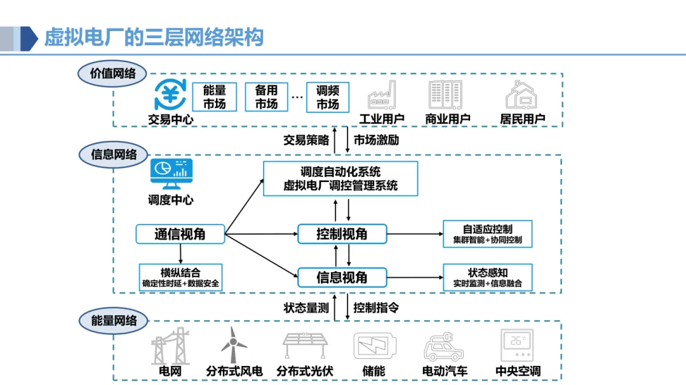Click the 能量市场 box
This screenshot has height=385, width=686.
(x=214, y=97)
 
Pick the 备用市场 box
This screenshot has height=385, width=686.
(x=266, y=97)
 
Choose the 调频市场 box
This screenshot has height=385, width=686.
(x=328, y=97)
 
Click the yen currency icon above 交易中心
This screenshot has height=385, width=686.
(x=171, y=95)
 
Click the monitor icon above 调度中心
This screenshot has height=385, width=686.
(x=171, y=174)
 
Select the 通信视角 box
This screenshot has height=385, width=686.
(x=180, y=234)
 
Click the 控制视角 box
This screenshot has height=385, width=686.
(x=342, y=234)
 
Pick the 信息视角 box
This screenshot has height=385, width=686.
(x=342, y=277)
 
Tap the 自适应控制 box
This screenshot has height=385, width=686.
(x=487, y=233)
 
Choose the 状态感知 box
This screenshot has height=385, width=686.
(x=487, y=277)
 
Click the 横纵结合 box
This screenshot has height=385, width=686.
(x=180, y=277)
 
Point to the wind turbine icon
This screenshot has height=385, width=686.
(x=234, y=344)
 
